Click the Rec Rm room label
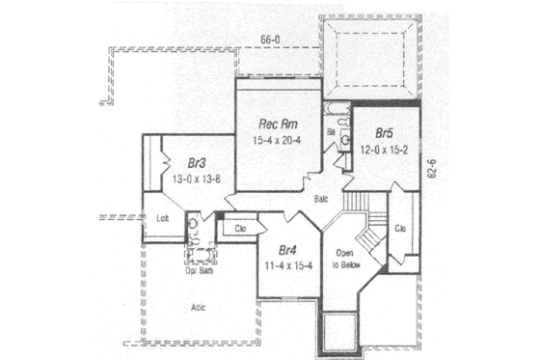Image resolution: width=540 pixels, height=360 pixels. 278,124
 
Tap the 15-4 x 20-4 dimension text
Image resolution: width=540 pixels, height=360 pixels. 278,141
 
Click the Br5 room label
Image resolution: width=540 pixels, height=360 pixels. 384,133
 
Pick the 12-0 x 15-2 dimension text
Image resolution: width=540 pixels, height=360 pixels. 384,150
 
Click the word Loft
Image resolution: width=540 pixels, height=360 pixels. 162,218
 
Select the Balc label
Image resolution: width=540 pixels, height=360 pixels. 323,198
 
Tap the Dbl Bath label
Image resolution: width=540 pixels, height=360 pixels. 200,270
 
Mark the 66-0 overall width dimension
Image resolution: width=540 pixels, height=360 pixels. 271,40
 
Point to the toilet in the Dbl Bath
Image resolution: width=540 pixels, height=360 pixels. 193,228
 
